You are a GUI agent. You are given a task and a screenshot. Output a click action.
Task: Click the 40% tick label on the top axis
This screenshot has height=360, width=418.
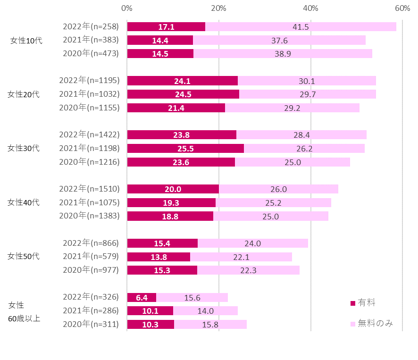[x=310, y=8]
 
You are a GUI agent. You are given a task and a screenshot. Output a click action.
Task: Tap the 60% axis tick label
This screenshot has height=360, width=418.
[x=402, y=8]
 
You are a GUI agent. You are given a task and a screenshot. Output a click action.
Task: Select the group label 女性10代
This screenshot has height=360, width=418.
[x=26, y=41]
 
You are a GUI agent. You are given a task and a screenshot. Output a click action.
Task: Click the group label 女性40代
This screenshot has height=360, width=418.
[x=24, y=202]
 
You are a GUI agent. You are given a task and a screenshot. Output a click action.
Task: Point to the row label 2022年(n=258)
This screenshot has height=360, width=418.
[x=91, y=26]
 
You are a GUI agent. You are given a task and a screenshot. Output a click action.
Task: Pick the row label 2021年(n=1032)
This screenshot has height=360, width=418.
[x=89, y=94]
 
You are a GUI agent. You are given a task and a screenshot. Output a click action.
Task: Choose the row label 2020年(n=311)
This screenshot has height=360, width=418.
[x=91, y=324]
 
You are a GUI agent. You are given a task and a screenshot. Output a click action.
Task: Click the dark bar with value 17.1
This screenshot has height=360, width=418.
[x=166, y=27]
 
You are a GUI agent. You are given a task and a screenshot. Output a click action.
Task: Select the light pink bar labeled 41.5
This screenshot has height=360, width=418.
[x=301, y=27]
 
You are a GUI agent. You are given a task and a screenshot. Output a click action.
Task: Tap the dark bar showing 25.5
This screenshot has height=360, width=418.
[x=185, y=149]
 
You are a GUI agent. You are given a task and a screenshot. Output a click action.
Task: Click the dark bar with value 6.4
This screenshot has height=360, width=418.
[x=142, y=297]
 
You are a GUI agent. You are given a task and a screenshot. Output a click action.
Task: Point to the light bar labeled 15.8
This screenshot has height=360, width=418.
[x=210, y=325]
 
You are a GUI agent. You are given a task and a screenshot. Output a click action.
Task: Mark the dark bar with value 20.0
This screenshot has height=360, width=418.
[x=173, y=189]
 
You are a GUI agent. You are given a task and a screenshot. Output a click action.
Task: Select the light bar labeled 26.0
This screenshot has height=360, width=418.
[x=278, y=189]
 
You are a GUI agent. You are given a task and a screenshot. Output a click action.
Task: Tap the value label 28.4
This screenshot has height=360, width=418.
[x=301, y=135]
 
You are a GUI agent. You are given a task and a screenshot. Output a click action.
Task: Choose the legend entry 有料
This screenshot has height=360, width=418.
[x=363, y=302]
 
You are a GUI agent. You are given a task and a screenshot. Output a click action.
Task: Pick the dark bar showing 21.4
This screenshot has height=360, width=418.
[x=176, y=108]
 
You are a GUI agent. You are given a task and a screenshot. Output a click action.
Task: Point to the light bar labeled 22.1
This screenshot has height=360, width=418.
[x=241, y=257]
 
